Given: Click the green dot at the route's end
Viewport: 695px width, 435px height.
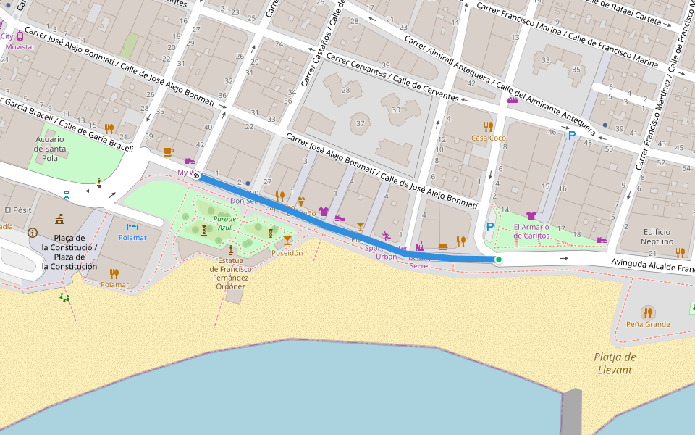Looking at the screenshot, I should click(498, 260).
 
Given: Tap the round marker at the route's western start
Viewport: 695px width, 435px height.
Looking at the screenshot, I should click(196, 175).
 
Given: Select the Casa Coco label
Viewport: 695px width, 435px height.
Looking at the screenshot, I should click(488, 138).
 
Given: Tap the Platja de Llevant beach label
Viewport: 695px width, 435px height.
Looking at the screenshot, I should click(614, 363).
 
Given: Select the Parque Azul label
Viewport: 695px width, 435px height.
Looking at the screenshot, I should click(224, 223).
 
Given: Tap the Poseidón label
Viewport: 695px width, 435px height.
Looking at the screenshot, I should click(287, 253).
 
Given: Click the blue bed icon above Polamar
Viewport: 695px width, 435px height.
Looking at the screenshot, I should click(132, 227).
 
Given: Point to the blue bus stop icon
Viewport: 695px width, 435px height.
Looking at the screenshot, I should click(67, 195).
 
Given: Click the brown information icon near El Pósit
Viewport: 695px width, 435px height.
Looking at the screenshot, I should click(33, 233).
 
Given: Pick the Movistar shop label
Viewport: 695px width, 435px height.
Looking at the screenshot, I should click(20, 46).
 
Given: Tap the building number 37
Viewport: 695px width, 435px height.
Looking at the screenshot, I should click(360, 123).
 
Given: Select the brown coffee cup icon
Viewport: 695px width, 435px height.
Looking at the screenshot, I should click(168, 152).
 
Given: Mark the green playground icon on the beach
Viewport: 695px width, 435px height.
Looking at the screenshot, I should click(64, 297).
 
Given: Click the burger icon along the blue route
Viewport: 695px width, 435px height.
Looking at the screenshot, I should click(443, 246).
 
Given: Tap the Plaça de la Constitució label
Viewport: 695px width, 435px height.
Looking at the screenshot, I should click(69, 252).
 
